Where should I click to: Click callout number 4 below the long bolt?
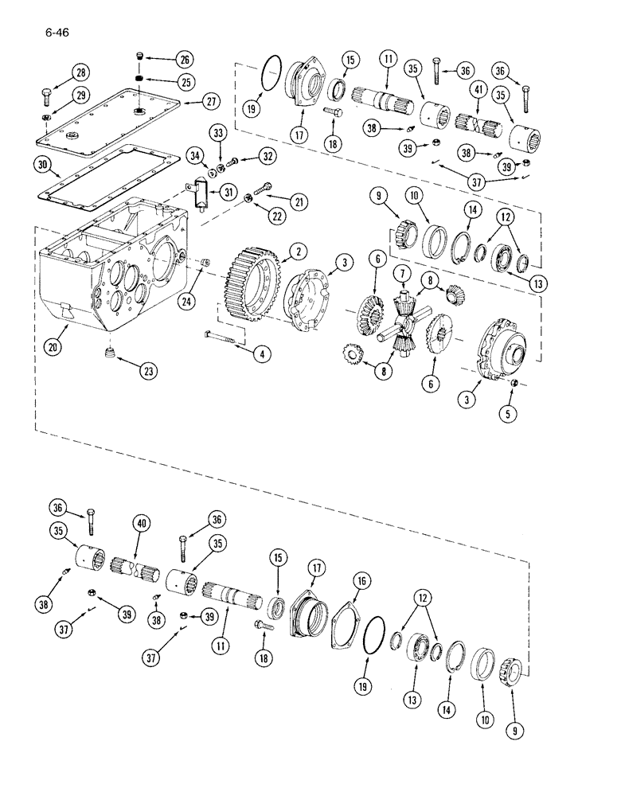click(258, 355)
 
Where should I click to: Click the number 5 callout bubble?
click(505, 413)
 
